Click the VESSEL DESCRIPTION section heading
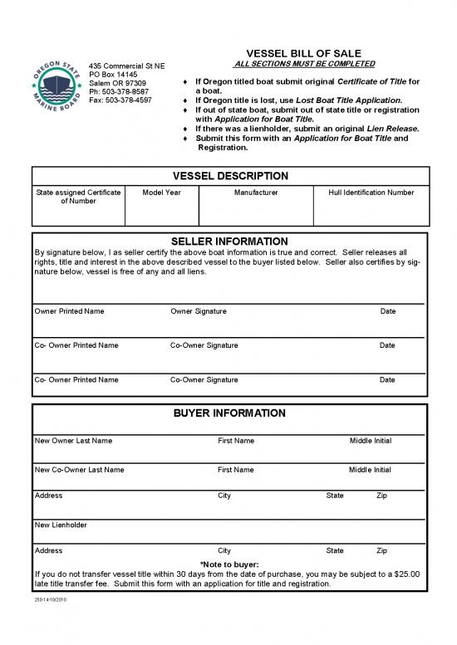pyautogui.click(x=230, y=176)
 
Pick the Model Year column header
pyautogui.click(x=161, y=193)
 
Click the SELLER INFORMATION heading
pyautogui.click(x=229, y=242)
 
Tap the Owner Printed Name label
pyautogui.click(x=70, y=311)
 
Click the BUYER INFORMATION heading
pyautogui.click(x=229, y=413)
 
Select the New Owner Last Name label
pyautogui.click(x=73, y=441)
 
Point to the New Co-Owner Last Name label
pyautogui.click(x=80, y=470)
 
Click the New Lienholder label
pyautogui.click(x=61, y=525)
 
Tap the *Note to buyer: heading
pyautogui.click(x=229, y=564)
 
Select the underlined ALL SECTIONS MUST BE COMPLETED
pyautogui.click(x=305, y=64)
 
